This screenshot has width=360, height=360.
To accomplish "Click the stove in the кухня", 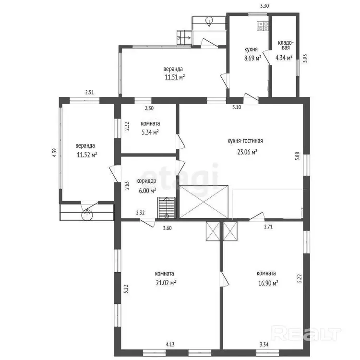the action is [263, 26].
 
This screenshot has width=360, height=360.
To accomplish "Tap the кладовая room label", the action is [286, 45].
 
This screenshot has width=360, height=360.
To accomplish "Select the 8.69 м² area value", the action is [253, 58].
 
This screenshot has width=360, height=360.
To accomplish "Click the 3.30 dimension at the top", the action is [264, 6].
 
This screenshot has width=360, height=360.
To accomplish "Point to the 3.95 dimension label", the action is [305, 58].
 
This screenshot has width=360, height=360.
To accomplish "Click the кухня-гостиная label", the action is [245, 141].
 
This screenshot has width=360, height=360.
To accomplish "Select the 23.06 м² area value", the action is [247, 152].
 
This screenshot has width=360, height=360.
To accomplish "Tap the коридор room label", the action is [146, 181].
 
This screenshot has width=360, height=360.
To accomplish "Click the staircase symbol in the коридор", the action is [167, 207].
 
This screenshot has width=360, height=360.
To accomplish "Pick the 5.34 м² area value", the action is [150, 132].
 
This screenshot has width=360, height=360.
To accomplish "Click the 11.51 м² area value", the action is [175, 77].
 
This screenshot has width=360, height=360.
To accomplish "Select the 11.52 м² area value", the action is [87, 155].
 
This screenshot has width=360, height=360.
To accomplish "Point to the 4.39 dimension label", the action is [54, 153].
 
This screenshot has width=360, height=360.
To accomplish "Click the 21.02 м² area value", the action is [166, 283].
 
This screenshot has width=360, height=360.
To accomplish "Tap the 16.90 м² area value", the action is [268, 283].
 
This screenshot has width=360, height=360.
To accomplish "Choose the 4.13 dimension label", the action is [170, 344].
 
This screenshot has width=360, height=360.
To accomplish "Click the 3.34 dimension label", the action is [264, 344].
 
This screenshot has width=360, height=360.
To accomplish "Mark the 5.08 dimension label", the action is [297, 156].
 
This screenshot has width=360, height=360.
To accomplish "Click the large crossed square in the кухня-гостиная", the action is [204, 201].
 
